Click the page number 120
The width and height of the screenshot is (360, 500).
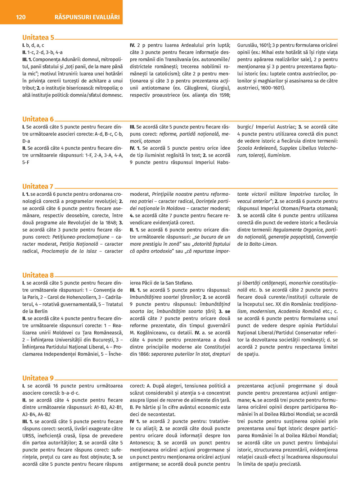pos(21,17)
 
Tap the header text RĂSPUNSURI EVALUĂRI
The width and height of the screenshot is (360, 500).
pos(87,17)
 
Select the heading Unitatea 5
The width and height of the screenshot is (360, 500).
pos(38,37)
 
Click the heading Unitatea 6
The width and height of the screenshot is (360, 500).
pos(38,119)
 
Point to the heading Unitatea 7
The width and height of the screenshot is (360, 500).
pos(38,186)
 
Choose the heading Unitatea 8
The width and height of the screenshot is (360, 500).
pos(38,275)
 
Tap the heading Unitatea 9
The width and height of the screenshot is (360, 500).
pos(38,378)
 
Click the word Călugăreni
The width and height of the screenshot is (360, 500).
pos(197,88)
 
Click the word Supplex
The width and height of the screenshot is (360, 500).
pos(289,148)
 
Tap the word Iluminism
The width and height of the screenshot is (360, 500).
pos(279,155)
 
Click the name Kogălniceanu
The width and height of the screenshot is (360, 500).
pos(149,333)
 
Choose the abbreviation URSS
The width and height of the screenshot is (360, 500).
pos(29,436)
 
